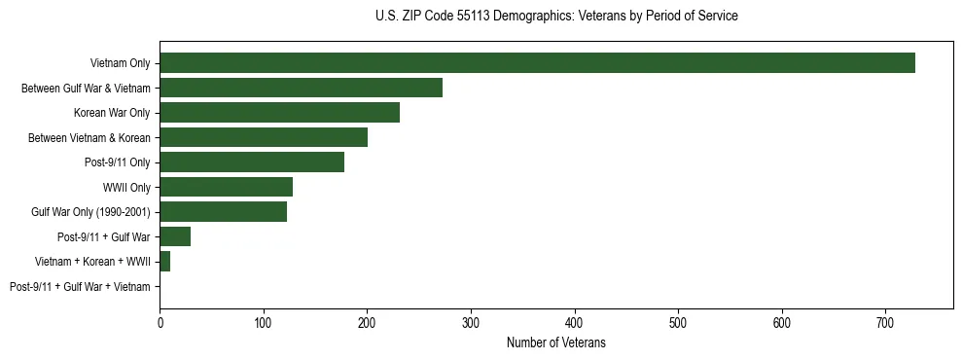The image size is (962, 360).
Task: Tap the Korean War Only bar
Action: point(279,113)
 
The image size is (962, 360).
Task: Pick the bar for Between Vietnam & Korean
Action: point(264,137)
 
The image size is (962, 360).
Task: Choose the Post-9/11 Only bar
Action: point(252,162)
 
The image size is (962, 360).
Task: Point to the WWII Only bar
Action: point(226,187)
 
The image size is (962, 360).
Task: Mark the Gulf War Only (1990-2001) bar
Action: point(223,212)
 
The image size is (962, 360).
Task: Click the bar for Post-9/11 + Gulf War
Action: point(175,236)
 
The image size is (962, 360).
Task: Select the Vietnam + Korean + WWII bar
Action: point(165,262)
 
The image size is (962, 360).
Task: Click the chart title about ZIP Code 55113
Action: point(556,17)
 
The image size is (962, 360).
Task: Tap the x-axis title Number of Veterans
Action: point(556,342)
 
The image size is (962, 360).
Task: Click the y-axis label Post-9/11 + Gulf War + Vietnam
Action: point(80,287)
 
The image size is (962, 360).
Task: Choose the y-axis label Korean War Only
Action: point(112,113)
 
